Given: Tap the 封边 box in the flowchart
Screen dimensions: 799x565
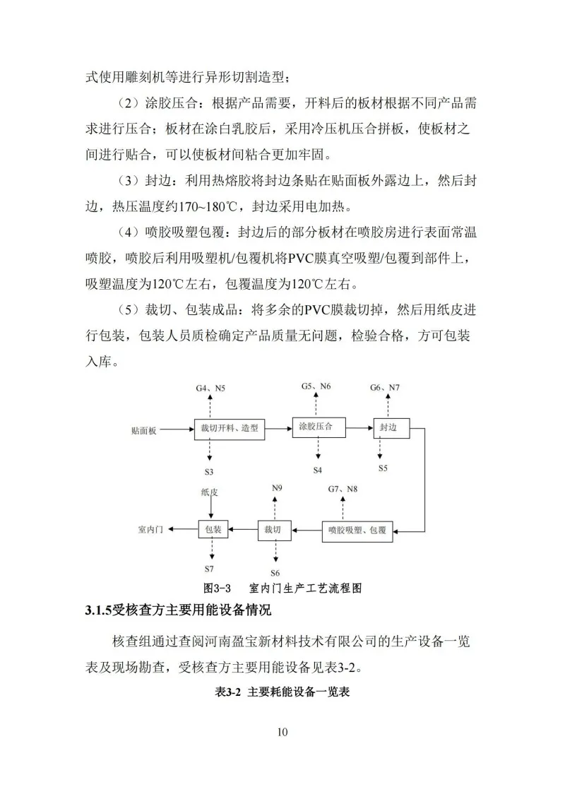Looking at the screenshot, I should (391, 428).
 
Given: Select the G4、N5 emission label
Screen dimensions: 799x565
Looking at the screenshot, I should (210, 389).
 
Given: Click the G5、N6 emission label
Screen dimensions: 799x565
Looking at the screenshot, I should (316, 386).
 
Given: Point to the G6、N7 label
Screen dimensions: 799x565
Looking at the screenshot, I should (385, 388).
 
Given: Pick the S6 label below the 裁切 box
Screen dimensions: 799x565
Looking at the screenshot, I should (275, 572).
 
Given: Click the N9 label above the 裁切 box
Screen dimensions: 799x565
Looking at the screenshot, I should (277, 488).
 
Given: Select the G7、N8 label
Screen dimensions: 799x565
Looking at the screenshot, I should (343, 488).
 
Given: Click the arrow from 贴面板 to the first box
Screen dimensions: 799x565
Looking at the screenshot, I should (177, 429).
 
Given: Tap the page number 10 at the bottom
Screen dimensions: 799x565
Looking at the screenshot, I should (282, 731).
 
